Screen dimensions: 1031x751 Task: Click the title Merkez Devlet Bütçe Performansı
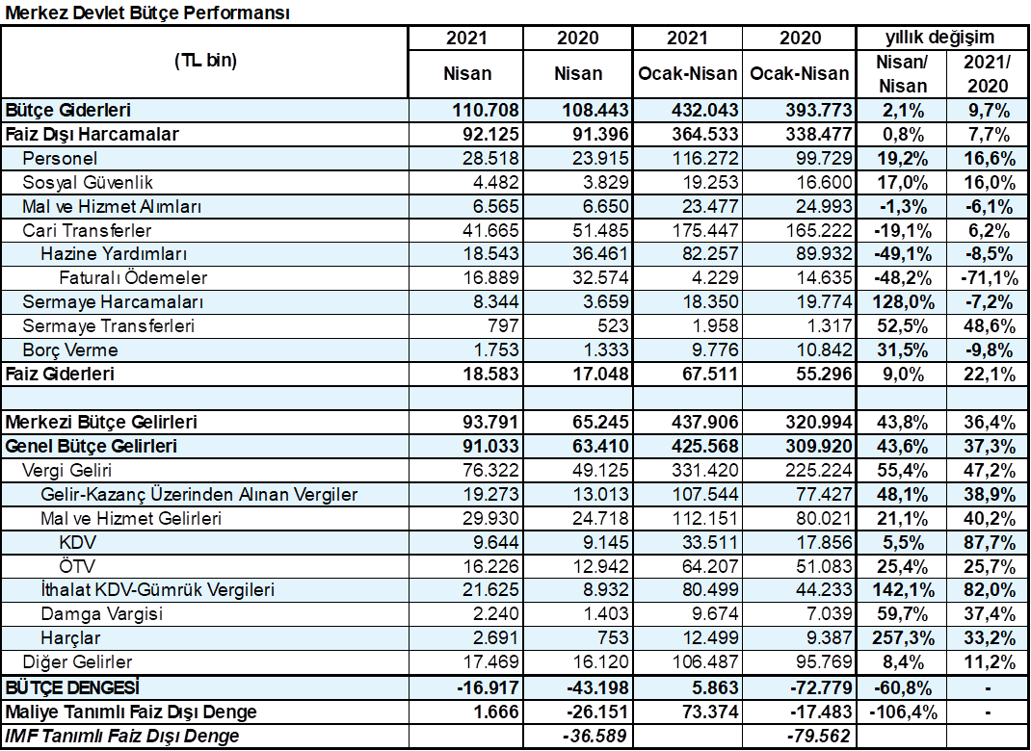(147, 13)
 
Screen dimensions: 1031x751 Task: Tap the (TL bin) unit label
(206, 61)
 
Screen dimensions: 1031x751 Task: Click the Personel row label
(60, 158)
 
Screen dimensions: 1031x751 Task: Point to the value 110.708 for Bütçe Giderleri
(486, 111)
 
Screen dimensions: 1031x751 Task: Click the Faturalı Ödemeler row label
(133, 278)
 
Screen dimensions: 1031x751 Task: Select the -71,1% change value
(990, 278)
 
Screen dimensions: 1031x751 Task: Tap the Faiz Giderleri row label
(60, 374)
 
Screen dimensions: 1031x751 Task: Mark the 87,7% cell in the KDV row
(990, 542)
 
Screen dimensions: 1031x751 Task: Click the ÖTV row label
(76, 566)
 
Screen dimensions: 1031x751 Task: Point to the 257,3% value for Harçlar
(904, 638)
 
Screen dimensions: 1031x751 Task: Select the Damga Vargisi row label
(102, 614)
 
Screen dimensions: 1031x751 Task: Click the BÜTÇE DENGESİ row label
(72, 687)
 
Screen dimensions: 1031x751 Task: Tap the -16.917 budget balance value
(488, 687)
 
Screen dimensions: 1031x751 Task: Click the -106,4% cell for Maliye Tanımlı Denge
(904, 712)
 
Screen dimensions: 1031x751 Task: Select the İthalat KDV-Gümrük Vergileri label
(157, 590)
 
